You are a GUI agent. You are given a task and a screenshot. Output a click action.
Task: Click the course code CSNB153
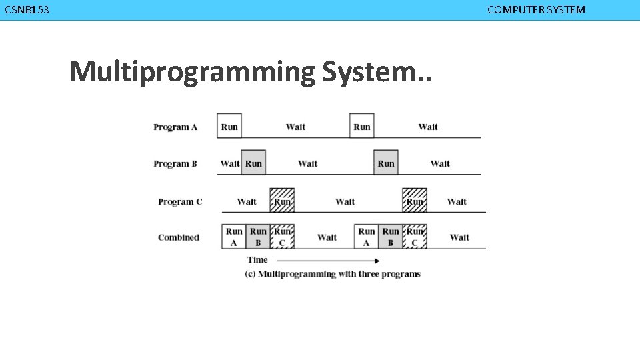coord(27,10)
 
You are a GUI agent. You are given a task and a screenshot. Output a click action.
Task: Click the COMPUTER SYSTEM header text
coord(536,10)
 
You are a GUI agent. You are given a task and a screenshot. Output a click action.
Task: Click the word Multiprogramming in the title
coord(192,71)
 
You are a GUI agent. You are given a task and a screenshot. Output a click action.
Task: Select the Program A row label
coord(175,127)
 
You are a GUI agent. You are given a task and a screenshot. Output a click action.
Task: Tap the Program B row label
coord(175,163)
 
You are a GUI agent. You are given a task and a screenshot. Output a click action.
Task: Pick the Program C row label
coord(180,201)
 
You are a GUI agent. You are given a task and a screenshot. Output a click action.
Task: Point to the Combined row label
coord(179,237)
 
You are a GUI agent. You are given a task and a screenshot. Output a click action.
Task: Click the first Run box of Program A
coord(229,126)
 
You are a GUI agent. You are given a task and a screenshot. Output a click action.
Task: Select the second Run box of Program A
coord(362,126)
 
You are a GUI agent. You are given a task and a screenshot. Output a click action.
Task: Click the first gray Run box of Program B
coord(253,163)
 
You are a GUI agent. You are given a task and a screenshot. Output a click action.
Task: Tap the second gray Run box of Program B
coord(386,163)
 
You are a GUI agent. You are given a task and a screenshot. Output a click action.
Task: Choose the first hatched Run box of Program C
coord(282,200)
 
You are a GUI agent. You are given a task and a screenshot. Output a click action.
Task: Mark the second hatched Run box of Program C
coord(415,200)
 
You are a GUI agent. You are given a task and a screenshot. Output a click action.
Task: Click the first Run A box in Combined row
coord(234,237)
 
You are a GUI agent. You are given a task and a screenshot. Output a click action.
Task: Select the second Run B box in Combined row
coord(391,237)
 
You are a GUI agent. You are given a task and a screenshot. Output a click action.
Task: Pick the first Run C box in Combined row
coord(282,237)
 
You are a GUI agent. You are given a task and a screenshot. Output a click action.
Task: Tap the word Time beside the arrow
coord(257,260)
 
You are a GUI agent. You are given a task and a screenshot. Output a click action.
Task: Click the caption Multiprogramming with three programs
coord(333,274)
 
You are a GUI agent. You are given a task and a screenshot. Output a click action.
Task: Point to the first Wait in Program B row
coord(229,163)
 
